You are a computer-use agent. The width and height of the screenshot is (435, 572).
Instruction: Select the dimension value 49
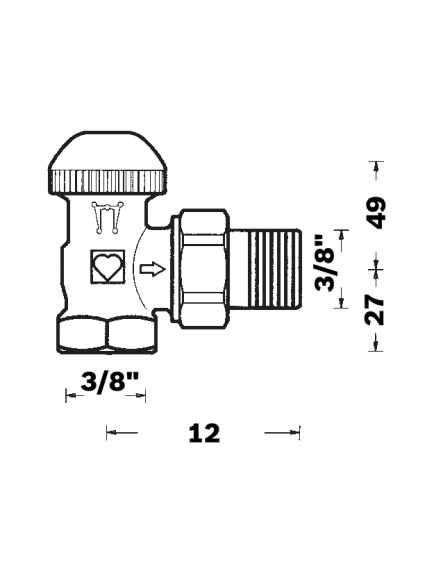pyautogui.click(x=376, y=211)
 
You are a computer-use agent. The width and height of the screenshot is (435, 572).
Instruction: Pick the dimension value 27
pyautogui.click(x=376, y=310)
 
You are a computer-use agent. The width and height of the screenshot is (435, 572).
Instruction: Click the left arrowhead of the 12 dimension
pyautogui.click(x=111, y=432)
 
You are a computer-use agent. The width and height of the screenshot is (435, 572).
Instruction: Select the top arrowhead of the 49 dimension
pyautogui.click(x=376, y=166)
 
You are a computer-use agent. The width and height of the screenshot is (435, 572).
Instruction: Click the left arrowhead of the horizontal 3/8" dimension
pyautogui.click(x=70, y=398)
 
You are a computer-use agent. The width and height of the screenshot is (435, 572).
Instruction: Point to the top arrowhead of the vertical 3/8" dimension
pyautogui.click(x=342, y=233)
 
